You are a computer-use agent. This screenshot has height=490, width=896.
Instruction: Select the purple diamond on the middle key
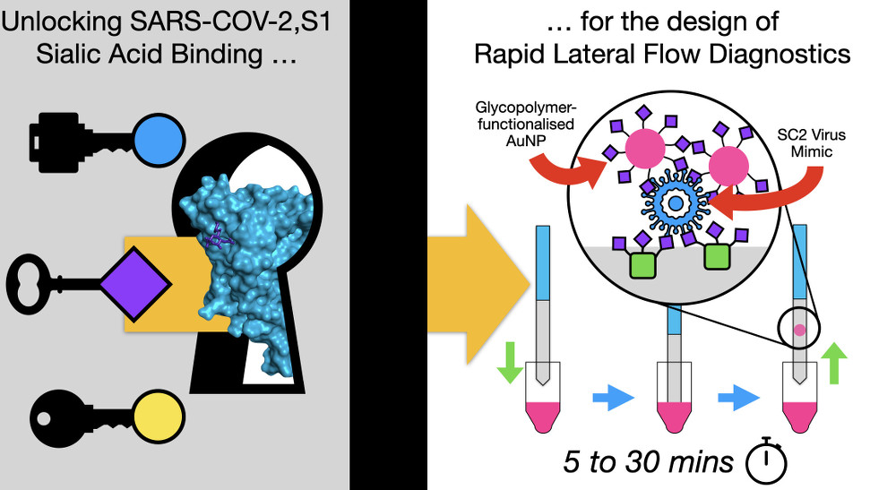(134, 281)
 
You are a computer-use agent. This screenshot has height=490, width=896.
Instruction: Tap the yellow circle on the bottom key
(159, 418)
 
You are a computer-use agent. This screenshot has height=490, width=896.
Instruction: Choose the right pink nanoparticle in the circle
(730, 168)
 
